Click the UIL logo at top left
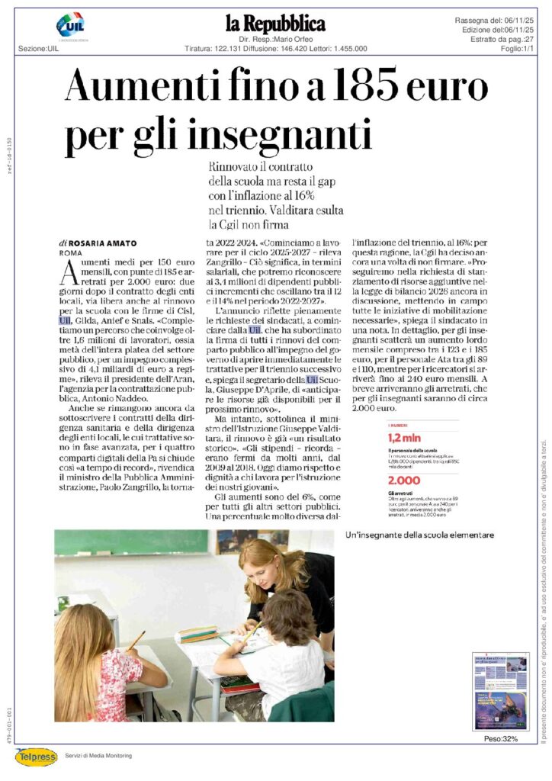click(71, 27)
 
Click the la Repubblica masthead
click(275, 24)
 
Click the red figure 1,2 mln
click(404, 438)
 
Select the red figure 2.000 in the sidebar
click(405, 480)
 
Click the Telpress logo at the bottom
click(36, 756)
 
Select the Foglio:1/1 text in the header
click(517, 48)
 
